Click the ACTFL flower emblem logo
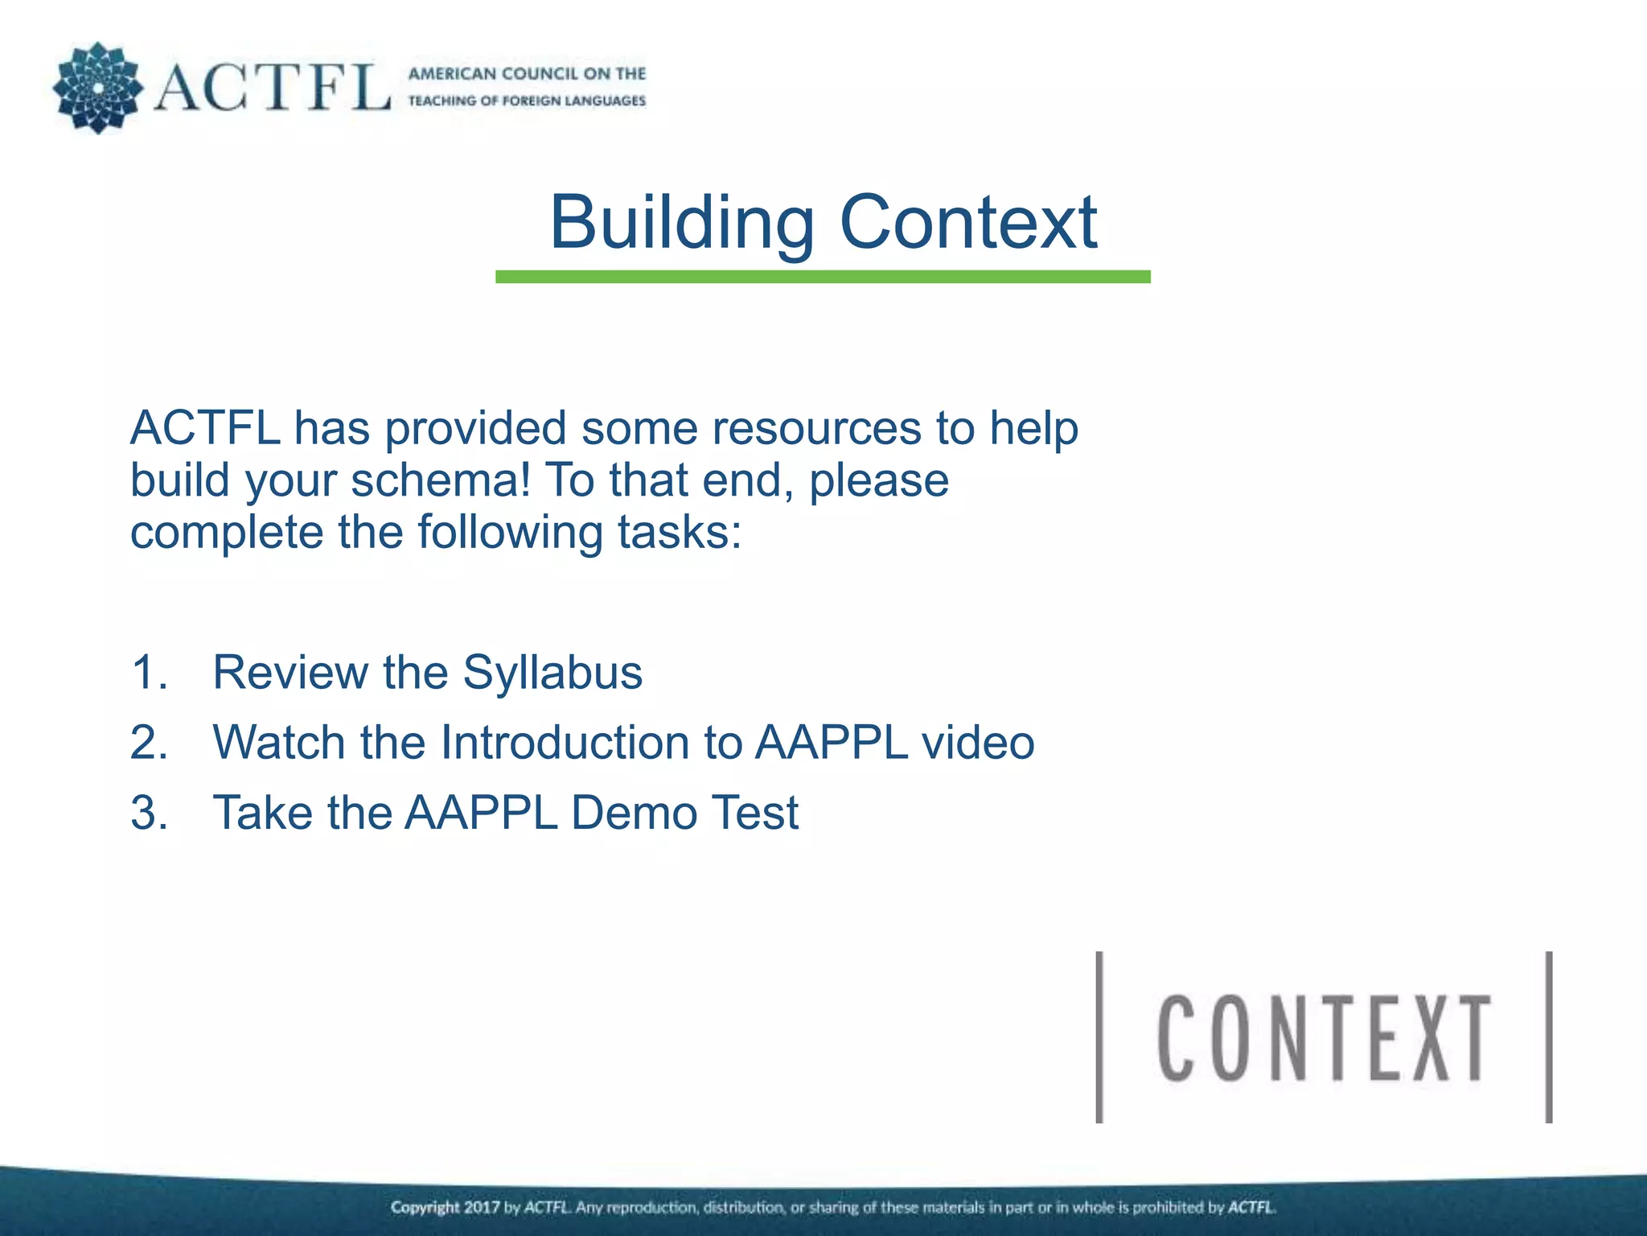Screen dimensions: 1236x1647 click(97, 88)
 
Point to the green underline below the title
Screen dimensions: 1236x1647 click(823, 277)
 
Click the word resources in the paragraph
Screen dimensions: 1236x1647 click(751, 428)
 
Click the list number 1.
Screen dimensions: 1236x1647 click(149, 673)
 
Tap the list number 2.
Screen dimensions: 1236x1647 click(149, 742)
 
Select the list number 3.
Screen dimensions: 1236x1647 click(149, 812)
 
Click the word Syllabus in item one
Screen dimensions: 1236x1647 click(552, 673)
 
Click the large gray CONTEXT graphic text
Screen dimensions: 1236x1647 click(1324, 1038)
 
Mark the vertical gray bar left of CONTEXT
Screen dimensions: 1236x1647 click(1099, 1037)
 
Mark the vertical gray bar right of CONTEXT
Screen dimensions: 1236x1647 click(1549, 1037)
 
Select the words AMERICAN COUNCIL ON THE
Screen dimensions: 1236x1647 click(527, 74)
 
